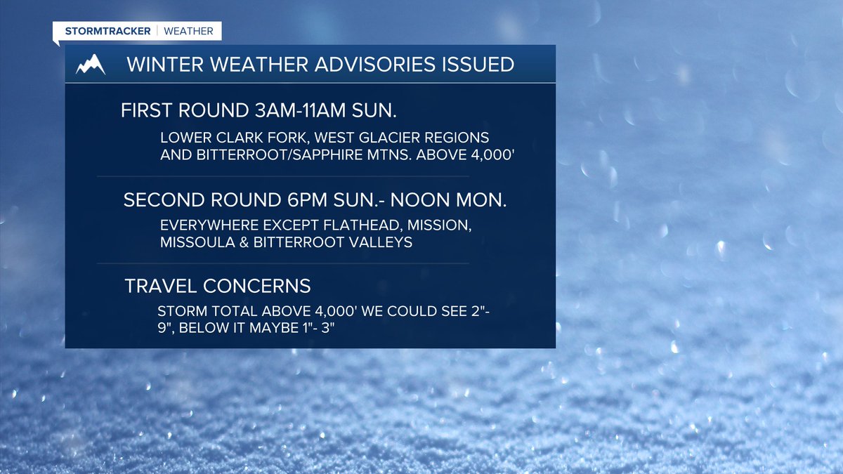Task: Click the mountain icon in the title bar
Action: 91,64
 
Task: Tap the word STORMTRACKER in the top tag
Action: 107,32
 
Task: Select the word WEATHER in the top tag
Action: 189,32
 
